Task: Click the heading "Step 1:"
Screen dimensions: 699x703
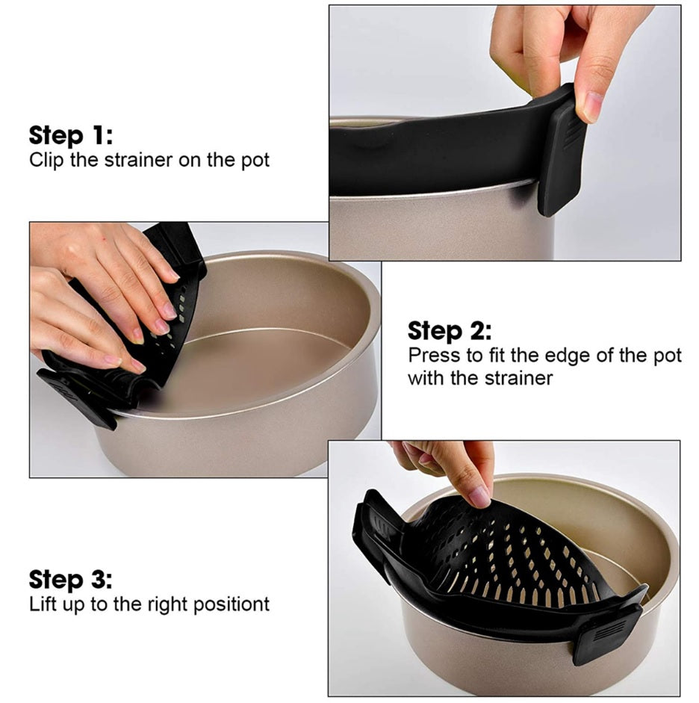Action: tap(71, 135)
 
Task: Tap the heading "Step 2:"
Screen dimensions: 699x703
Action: tap(450, 331)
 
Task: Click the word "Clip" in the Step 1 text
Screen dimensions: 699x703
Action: tap(46, 161)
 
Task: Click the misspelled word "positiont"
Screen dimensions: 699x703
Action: tap(232, 604)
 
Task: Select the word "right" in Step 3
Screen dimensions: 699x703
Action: tap(167, 604)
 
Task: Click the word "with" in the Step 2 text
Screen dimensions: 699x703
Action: tap(426, 378)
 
